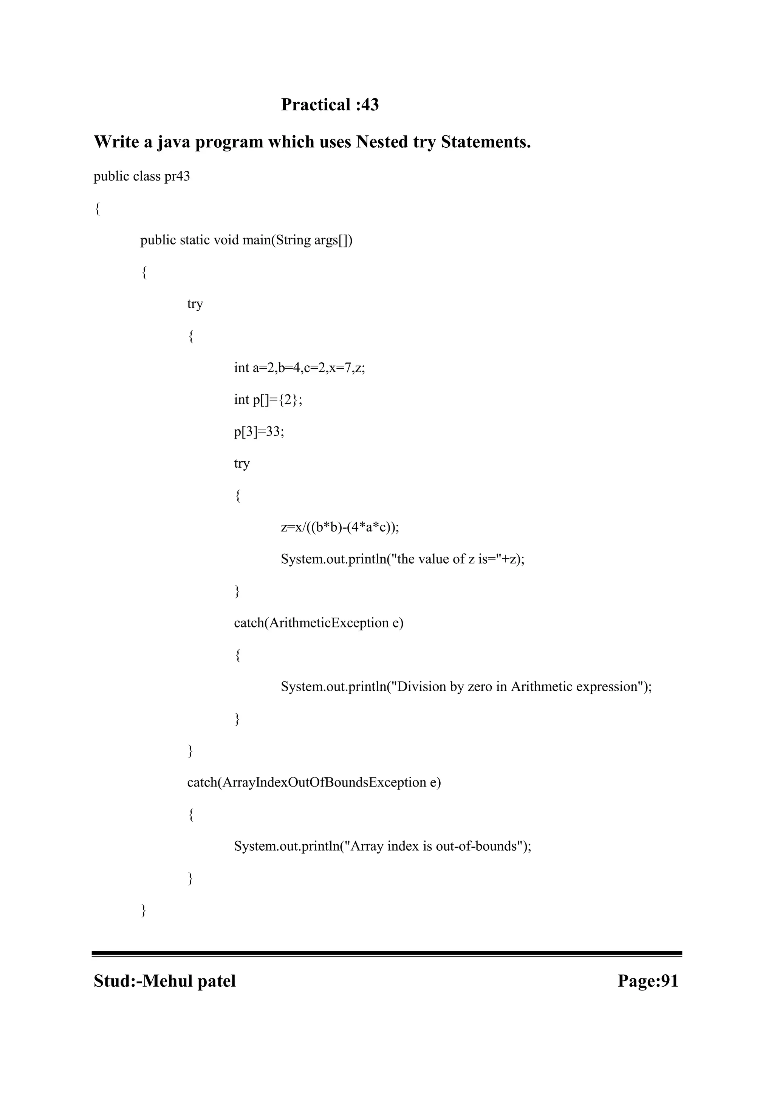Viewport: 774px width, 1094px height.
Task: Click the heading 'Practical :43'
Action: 330,105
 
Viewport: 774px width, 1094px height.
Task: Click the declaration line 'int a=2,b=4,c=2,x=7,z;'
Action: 299,368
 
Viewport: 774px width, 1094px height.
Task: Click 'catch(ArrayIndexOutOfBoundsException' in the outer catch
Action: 307,782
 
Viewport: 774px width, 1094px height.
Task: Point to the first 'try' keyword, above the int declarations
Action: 195,304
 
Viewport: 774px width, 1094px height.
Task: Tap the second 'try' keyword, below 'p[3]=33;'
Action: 241,464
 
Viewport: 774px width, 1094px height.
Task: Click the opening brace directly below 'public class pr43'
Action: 97,209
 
